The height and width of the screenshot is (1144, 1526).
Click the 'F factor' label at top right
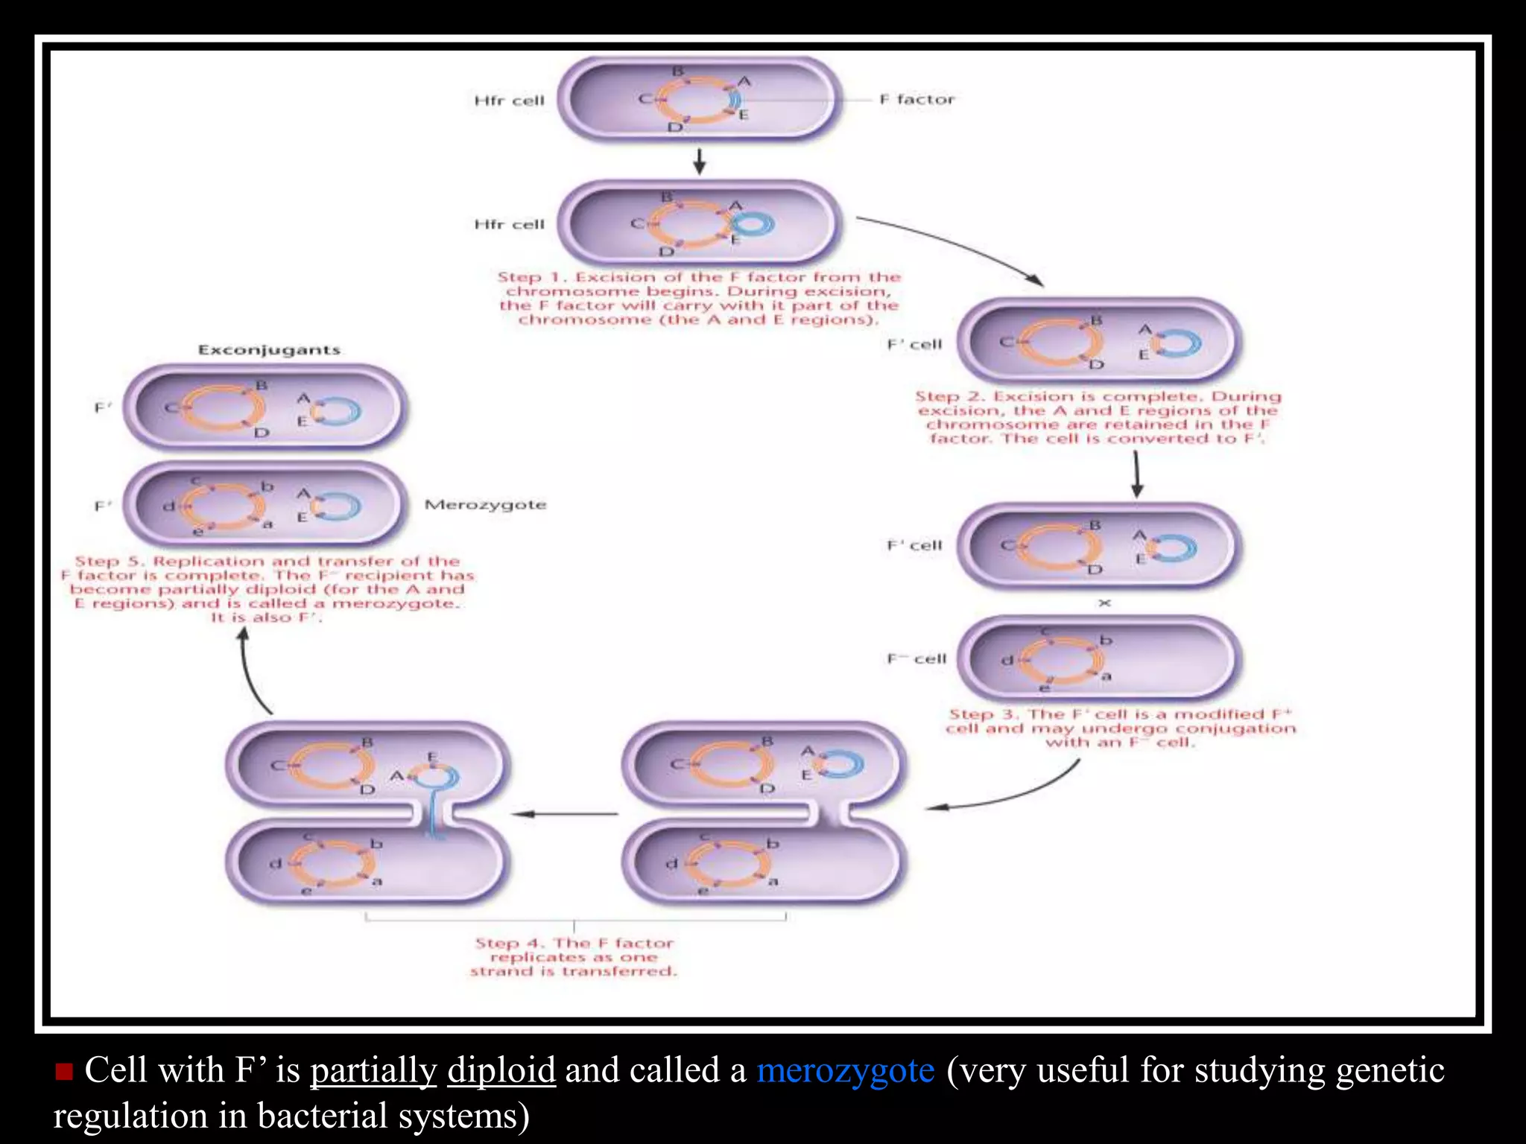[916, 99]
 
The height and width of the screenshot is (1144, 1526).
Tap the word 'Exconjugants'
[269, 349]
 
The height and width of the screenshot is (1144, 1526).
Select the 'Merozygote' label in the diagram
[485, 504]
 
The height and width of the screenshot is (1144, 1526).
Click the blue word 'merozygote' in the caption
[845, 1070]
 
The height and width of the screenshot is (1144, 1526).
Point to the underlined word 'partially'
[373, 1070]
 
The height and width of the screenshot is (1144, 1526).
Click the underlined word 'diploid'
[501, 1070]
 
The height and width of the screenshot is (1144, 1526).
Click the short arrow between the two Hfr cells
[699, 161]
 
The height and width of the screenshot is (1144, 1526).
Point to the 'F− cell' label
[916, 658]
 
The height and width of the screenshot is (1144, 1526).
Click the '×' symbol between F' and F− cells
[1104, 603]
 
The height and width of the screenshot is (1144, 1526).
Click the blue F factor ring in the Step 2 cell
[1178, 343]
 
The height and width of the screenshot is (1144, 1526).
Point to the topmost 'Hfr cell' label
[510, 101]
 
